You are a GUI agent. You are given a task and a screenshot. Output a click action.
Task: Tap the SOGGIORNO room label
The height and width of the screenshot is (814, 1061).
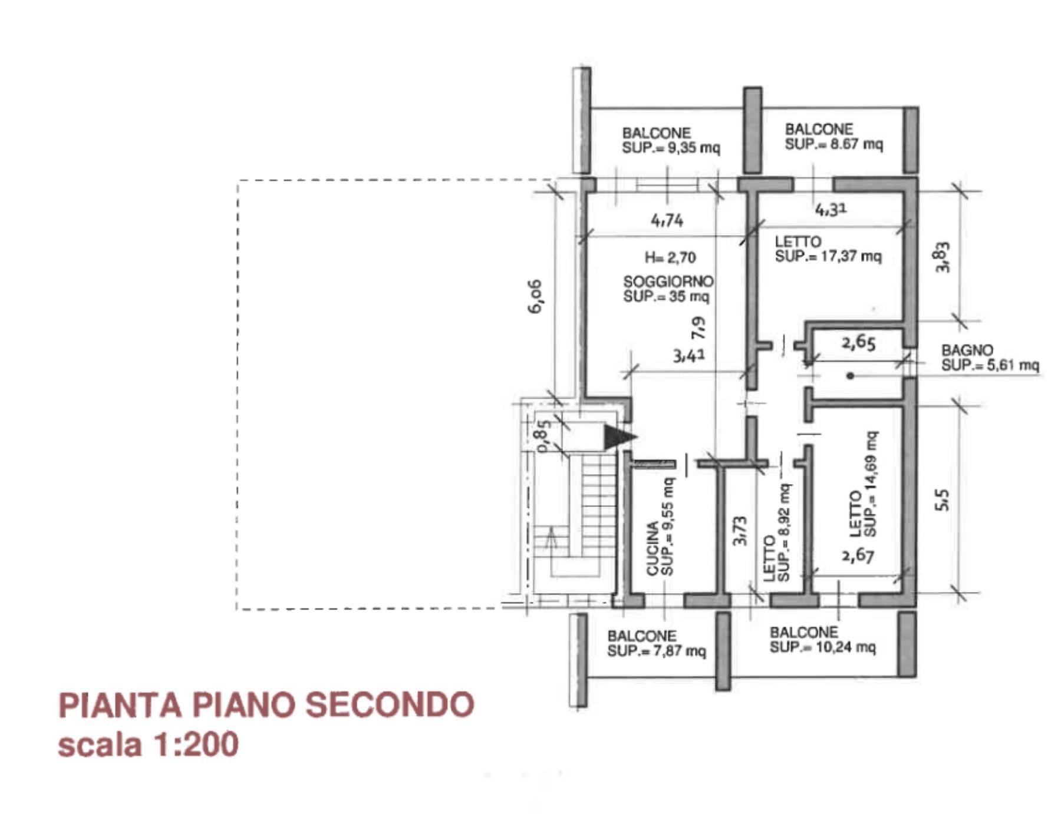coord(668,282)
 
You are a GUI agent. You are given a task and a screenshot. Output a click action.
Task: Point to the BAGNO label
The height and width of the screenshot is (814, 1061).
coord(967,351)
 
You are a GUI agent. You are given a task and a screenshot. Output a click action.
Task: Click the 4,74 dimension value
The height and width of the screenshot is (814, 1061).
coord(667,220)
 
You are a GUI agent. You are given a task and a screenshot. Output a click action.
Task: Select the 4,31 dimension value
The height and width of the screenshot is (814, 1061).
coord(831,209)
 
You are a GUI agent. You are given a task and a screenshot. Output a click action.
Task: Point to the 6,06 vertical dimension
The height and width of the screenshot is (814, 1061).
coord(535,296)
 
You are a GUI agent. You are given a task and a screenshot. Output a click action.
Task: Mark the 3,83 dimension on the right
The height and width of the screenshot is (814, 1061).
coord(943,257)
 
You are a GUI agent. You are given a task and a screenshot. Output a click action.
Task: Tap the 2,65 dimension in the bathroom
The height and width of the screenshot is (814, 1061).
coord(858,342)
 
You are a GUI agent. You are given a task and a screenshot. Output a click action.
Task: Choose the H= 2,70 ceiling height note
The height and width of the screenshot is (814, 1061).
coord(670,257)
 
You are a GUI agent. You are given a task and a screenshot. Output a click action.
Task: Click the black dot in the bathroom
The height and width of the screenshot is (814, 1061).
coord(850,375)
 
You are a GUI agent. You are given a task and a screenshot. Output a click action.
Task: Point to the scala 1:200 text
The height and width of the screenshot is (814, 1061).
coord(148,743)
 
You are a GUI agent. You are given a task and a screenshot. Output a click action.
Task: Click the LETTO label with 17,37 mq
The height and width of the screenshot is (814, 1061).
coord(828,249)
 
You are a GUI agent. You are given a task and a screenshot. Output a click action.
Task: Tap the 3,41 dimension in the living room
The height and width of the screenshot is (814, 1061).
coord(689,355)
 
